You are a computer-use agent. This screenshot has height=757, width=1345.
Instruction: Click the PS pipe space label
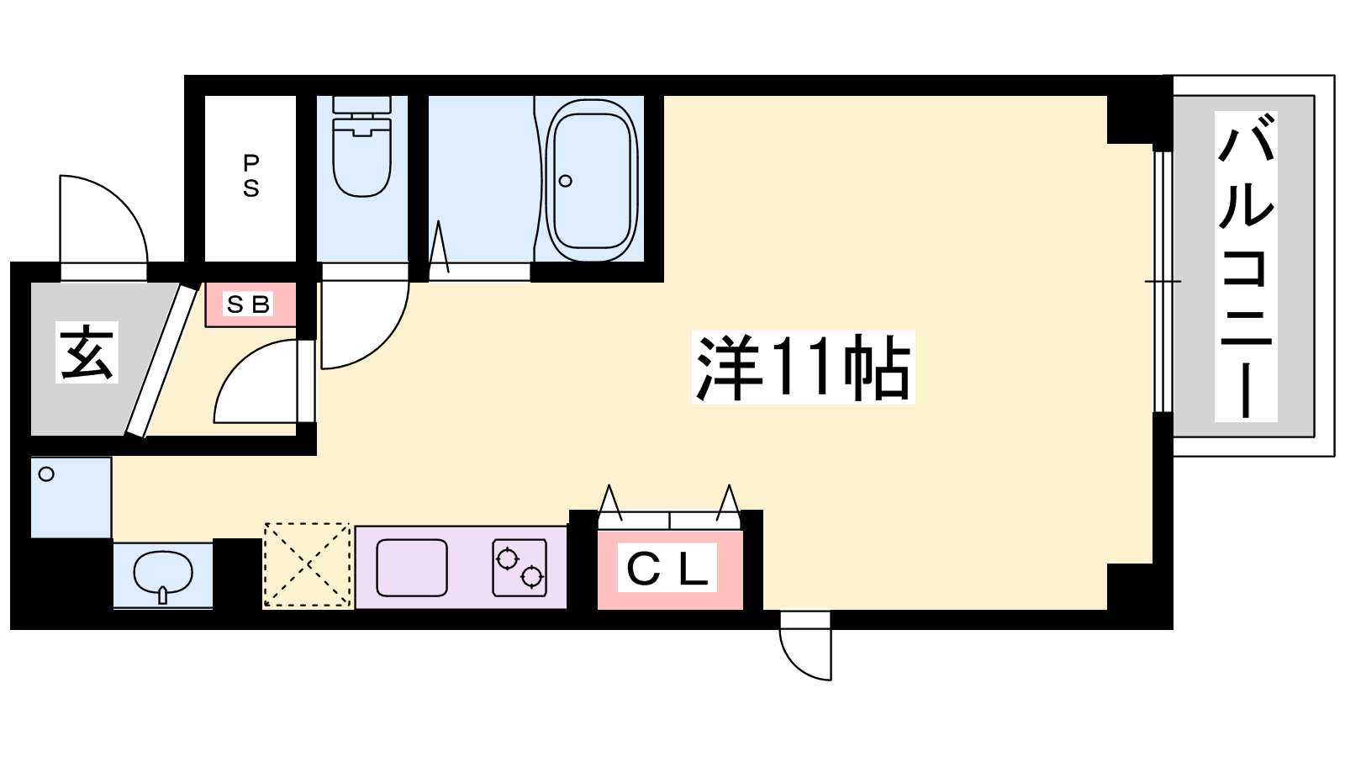(x=251, y=176)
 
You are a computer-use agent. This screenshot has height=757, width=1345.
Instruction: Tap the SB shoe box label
(x=249, y=304)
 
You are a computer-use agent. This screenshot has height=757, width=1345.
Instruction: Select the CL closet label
(x=667, y=568)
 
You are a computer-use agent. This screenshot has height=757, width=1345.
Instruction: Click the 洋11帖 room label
(x=803, y=367)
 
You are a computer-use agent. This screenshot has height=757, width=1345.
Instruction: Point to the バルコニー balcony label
(x=1246, y=266)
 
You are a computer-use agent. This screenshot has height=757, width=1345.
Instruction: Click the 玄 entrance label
(x=87, y=352)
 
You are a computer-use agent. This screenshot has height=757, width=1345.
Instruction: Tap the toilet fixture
(x=362, y=146)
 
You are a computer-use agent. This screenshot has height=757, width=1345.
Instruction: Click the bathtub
(x=591, y=180)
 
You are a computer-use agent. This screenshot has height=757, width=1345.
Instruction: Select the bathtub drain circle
(x=565, y=180)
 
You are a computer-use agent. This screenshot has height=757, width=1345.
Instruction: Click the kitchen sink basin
(x=412, y=568)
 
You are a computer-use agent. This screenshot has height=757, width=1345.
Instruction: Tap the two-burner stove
(x=520, y=568)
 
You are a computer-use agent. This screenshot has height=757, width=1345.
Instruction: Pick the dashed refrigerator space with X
(x=307, y=565)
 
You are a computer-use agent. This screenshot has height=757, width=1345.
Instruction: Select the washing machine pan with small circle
(x=71, y=497)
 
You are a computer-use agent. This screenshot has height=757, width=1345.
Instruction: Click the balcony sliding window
(x=1163, y=281)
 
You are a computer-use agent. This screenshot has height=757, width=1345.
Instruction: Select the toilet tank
(x=362, y=104)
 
